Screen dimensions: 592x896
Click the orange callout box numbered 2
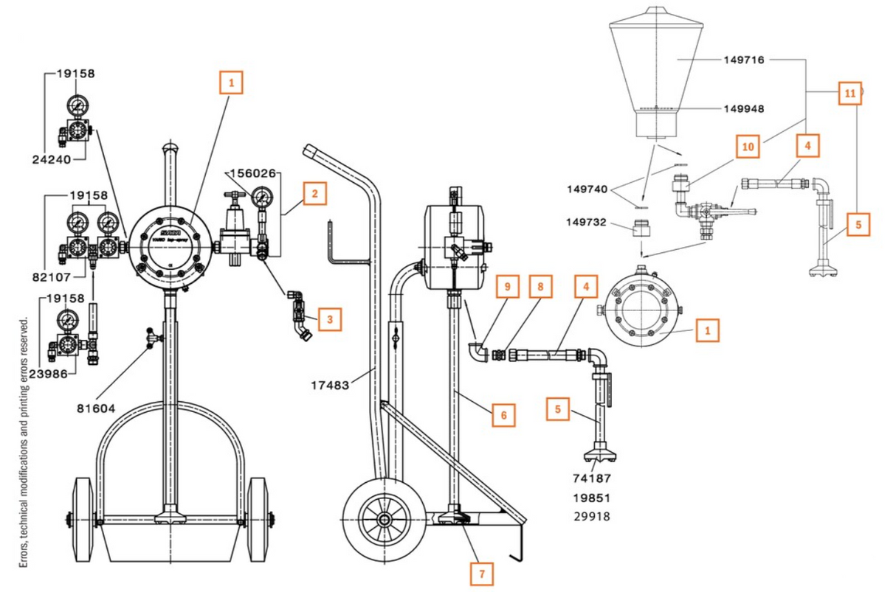coord(314,194)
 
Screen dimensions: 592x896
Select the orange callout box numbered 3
coord(330,320)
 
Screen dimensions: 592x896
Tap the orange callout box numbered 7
coord(483,573)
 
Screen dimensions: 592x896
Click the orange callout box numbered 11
coord(850,94)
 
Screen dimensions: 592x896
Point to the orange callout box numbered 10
coord(748,147)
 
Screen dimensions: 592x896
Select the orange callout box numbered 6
coord(503,415)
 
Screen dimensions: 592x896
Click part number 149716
coord(743,60)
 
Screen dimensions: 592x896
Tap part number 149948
coord(743,108)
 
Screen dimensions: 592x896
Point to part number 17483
coord(330,384)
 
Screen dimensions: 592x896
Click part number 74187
coord(592,478)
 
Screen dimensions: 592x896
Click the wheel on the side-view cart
coord(383,519)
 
